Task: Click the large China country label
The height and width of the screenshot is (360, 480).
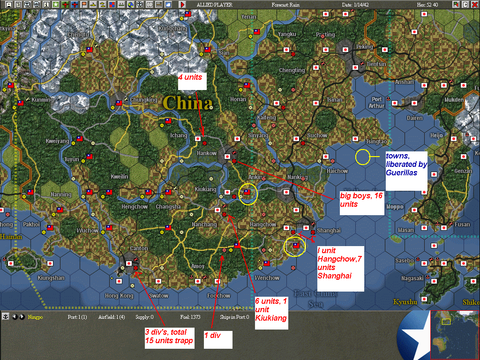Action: point(187,102)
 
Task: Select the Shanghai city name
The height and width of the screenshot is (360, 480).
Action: point(328,230)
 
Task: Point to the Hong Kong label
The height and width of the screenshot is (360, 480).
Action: point(119,296)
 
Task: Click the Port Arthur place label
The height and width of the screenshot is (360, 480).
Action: point(377,103)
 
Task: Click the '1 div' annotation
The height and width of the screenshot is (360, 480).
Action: point(218,339)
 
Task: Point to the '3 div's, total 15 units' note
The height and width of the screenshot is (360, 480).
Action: point(169,336)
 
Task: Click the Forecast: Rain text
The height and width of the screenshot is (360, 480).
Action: point(286,5)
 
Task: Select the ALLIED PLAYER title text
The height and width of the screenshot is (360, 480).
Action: point(214,5)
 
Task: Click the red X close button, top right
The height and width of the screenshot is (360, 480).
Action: point(474,5)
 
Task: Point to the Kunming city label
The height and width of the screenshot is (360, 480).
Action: point(42,100)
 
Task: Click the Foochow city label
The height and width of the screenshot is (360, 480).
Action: point(218,296)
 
